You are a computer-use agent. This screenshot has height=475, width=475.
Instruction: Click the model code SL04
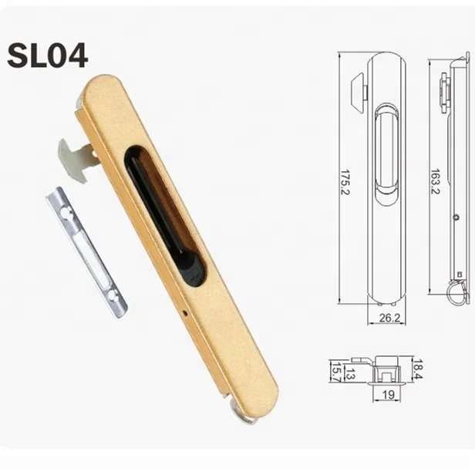47,55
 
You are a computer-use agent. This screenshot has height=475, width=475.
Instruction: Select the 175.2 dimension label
344,182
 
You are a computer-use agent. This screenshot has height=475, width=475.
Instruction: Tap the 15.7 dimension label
334,371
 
